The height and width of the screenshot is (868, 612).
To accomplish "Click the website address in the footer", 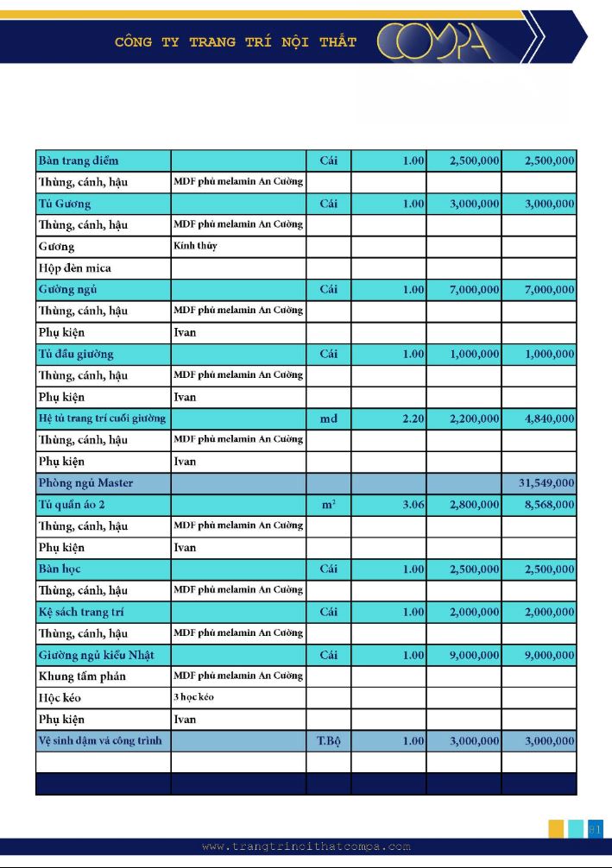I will (306, 846).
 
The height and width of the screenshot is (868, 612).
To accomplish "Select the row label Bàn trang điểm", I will (79, 160).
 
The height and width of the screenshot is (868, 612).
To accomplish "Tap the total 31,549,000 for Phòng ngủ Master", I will (546, 483).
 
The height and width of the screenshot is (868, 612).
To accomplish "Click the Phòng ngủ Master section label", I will (85, 483).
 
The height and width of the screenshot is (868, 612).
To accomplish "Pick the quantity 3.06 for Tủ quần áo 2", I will (413, 505).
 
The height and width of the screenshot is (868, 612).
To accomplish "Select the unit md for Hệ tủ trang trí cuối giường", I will (328, 418).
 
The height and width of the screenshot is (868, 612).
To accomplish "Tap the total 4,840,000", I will (546, 418).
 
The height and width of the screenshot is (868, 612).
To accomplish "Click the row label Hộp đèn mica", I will (74, 267).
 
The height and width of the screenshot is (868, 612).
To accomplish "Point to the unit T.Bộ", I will (328, 741).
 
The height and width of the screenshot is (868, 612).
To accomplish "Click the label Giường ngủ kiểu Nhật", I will (96, 655).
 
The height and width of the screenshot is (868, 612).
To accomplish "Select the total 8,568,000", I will (546, 505).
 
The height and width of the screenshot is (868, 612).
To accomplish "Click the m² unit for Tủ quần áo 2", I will (328, 505).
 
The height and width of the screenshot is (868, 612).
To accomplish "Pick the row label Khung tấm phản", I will (82, 676).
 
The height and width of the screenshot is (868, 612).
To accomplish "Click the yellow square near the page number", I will (557, 829).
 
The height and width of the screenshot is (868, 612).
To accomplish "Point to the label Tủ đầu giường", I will (76, 354).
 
